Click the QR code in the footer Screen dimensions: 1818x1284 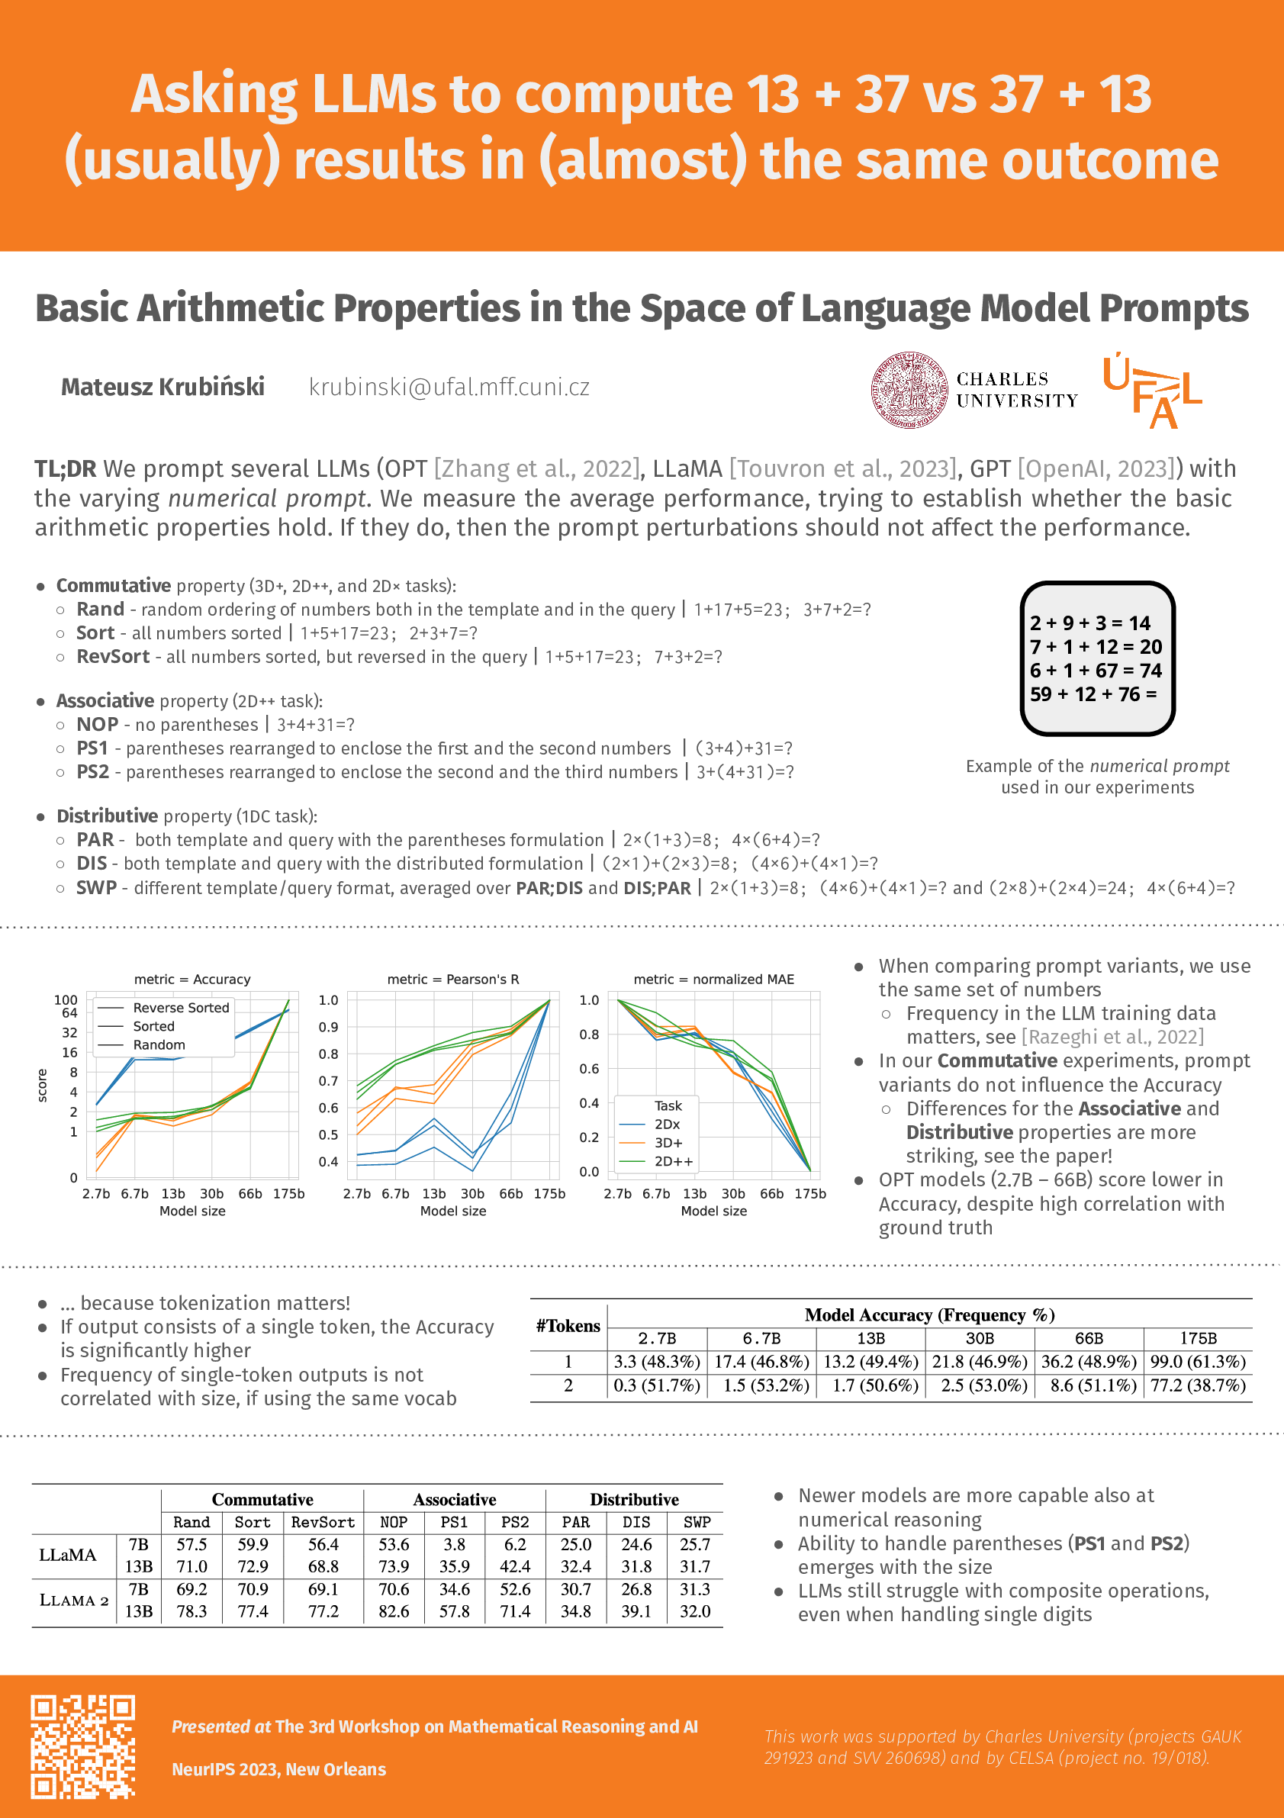(82, 1746)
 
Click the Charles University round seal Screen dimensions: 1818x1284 (909, 391)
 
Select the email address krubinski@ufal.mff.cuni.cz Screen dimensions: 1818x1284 (449, 388)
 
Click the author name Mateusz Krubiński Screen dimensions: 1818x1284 (163, 388)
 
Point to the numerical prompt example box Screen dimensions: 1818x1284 (1097, 659)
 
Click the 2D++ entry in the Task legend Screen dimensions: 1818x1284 (673, 1162)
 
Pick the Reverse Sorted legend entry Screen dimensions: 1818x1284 (181, 1008)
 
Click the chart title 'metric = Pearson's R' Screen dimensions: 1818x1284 (453, 980)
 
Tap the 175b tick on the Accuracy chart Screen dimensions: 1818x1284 (289, 1194)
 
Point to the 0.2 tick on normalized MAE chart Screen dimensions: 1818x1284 (589, 1137)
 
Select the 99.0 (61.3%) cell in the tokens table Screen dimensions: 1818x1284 (1198, 1362)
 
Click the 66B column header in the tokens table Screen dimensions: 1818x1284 (1089, 1339)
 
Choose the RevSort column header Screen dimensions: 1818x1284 (323, 1523)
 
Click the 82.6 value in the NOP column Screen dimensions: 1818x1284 (394, 1611)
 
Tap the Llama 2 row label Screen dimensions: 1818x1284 (73, 1601)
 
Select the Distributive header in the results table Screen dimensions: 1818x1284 (634, 1500)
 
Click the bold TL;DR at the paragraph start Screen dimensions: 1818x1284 (65, 469)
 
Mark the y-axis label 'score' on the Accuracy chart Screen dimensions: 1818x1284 (43, 1085)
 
